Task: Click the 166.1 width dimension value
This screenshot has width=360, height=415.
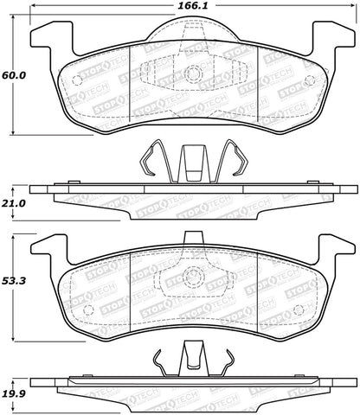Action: click(x=192, y=6)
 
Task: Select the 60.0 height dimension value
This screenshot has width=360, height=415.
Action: click(x=14, y=75)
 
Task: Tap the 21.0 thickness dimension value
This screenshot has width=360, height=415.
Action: click(x=14, y=203)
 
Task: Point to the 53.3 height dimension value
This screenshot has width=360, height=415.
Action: click(x=14, y=281)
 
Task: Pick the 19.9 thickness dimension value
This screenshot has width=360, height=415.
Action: click(x=14, y=393)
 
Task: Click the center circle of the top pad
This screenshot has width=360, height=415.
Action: click(x=193, y=73)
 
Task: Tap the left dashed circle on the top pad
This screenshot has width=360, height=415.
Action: click(x=77, y=80)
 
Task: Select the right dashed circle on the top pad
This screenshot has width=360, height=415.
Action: click(x=310, y=80)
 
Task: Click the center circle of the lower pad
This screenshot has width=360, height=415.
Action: click(x=194, y=278)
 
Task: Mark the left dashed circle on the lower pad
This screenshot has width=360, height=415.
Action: click(x=88, y=310)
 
